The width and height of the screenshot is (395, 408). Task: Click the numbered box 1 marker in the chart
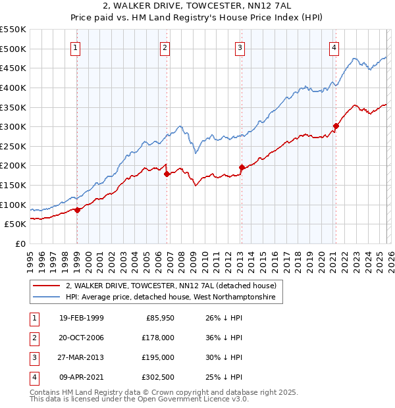coord(76,47)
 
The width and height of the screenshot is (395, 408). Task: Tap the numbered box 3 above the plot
coord(240,47)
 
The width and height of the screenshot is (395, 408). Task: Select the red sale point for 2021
coord(336,126)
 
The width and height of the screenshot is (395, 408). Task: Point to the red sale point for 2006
coord(167,174)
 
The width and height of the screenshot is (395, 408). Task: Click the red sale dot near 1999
coord(77,210)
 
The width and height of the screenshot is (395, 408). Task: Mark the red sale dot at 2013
coord(242,167)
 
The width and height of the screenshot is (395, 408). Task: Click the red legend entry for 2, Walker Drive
coord(174,286)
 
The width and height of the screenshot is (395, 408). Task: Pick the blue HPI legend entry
coord(174,297)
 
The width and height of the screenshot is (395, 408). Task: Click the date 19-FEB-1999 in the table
coord(81,318)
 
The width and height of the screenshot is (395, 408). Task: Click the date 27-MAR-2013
coord(81,357)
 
